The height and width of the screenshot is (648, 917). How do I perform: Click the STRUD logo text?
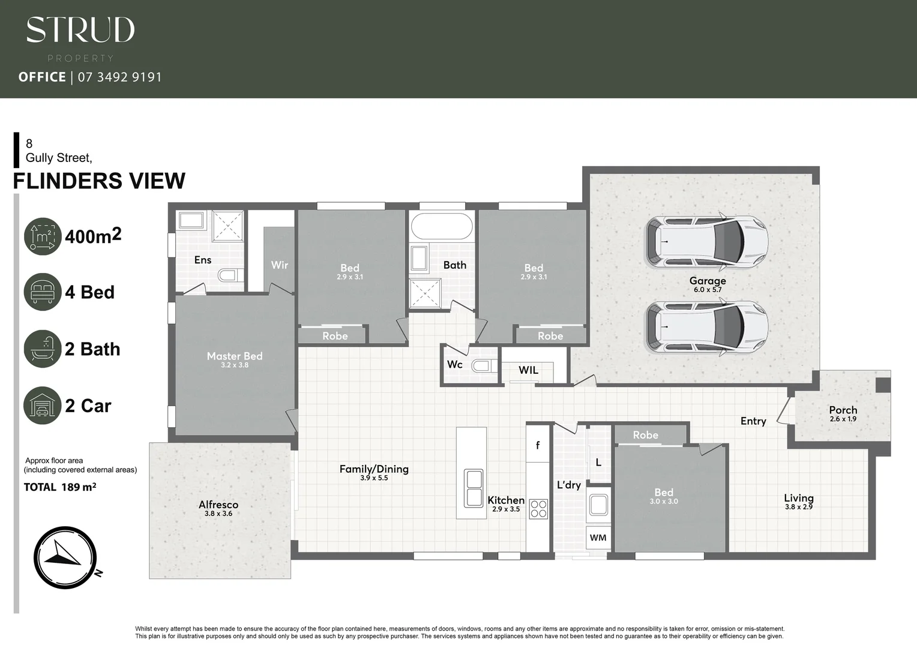tap(80, 30)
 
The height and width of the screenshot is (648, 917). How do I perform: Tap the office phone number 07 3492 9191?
tap(119, 77)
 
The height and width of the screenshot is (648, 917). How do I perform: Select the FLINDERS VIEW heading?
tap(99, 181)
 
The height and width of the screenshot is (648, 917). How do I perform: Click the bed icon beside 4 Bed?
tap(43, 292)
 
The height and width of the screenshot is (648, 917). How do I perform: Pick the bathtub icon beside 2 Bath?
tap(43, 349)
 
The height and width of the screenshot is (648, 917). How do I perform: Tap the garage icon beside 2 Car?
tap(43, 406)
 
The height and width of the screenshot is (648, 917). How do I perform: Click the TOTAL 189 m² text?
tap(59, 487)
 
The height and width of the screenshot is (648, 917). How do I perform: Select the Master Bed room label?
tap(235, 356)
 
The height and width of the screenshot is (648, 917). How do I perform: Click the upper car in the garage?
tap(706, 242)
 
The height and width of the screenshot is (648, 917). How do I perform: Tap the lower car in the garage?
tap(706, 327)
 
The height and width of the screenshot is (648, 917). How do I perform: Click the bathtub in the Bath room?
tap(442, 227)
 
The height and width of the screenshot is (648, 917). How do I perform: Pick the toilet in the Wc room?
tap(484, 365)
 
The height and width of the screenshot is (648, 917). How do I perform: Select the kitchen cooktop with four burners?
tap(538, 509)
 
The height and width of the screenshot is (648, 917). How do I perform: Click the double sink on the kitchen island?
tap(474, 488)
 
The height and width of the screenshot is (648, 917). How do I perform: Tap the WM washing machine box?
tap(598, 538)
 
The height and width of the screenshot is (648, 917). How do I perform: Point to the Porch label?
tap(843, 410)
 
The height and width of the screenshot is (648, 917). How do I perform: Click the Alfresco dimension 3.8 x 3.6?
tap(218, 514)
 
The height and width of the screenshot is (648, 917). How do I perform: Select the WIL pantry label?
tap(528, 370)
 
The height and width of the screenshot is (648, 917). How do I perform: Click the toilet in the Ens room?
tap(229, 275)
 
